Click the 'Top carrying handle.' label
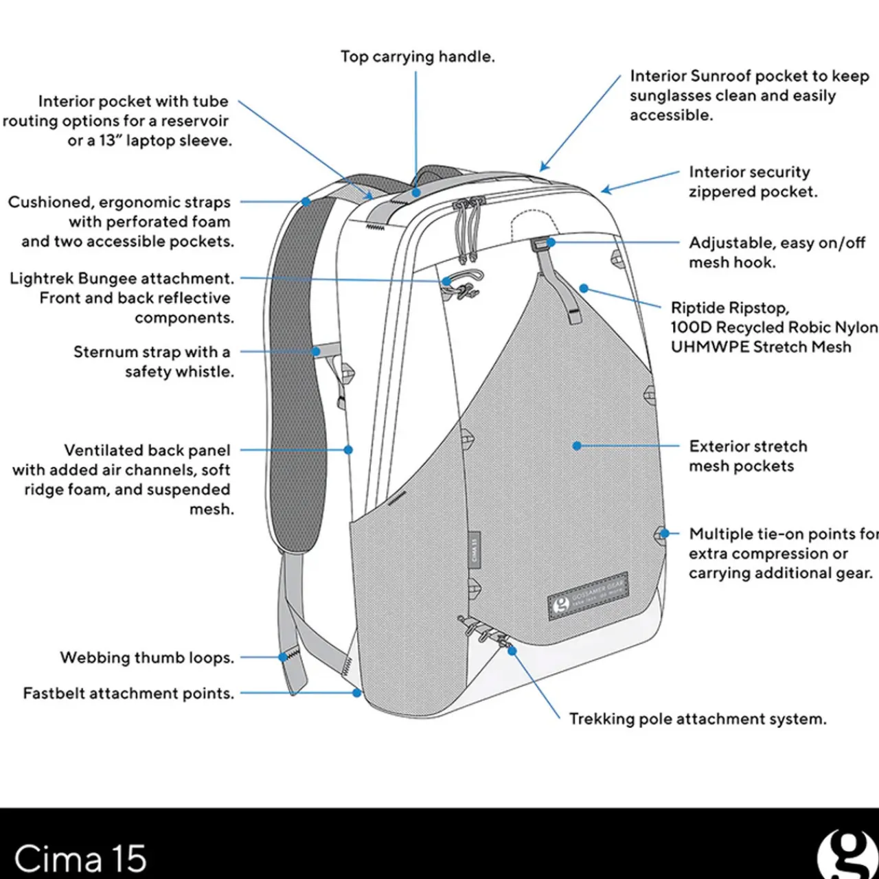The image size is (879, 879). [418, 57]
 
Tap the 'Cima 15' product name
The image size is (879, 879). [80, 858]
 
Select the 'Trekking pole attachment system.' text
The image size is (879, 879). [698, 719]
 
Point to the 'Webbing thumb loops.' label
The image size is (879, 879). [147, 658]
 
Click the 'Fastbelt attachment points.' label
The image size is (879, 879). [128, 694]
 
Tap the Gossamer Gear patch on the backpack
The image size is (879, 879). [589, 594]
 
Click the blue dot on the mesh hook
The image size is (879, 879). [550, 242]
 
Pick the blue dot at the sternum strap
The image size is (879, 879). [316, 352]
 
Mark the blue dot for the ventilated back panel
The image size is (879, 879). [348, 450]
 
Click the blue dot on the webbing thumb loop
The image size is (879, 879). [282, 657]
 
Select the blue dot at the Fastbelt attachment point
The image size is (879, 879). [357, 693]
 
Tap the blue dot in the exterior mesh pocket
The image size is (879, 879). [577, 446]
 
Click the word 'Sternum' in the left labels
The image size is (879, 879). [106, 352]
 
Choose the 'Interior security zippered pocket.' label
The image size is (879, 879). [753, 182]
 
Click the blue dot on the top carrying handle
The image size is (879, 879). [416, 193]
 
